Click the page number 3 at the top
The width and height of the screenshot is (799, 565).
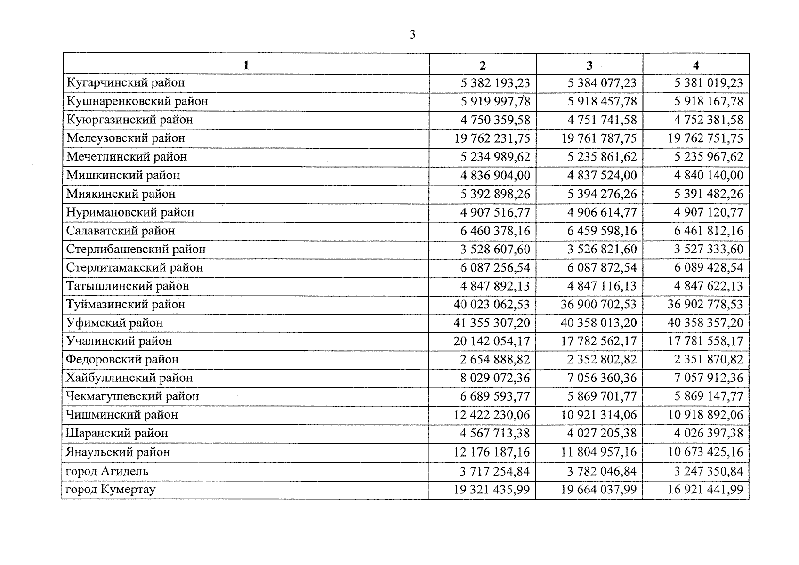point(412,34)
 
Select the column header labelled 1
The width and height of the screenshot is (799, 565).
point(246,65)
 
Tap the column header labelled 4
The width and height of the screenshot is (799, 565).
point(696,65)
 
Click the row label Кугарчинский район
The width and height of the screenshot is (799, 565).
point(126,83)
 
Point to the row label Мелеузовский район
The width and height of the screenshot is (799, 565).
point(126,138)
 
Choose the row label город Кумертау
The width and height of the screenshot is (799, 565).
point(111,490)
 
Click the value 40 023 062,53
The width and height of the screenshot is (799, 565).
point(492,305)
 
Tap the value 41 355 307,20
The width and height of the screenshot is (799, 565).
point(492,323)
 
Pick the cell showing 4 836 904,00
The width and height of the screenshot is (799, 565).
point(495,176)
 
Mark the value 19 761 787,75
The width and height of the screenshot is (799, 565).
point(599,138)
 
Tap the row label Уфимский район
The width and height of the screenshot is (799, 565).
point(114,323)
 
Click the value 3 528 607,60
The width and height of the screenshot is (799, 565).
point(495,249)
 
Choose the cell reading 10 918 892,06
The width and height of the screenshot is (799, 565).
point(705,415)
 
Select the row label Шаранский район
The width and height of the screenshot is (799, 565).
point(117,434)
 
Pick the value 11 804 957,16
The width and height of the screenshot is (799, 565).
point(599,452)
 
